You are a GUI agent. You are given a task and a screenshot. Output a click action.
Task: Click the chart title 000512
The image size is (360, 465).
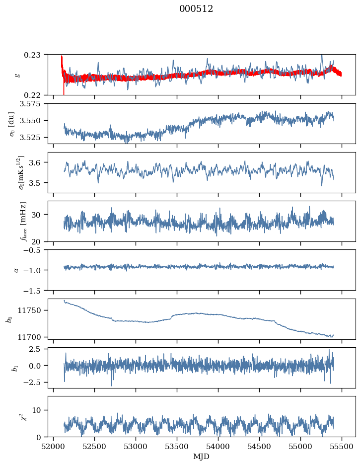196,9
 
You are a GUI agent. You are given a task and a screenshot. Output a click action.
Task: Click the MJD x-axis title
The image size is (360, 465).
202,456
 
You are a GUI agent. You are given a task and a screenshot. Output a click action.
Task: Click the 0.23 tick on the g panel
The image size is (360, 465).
36,54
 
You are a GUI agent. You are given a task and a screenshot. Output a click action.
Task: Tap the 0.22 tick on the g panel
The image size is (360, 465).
36,95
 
